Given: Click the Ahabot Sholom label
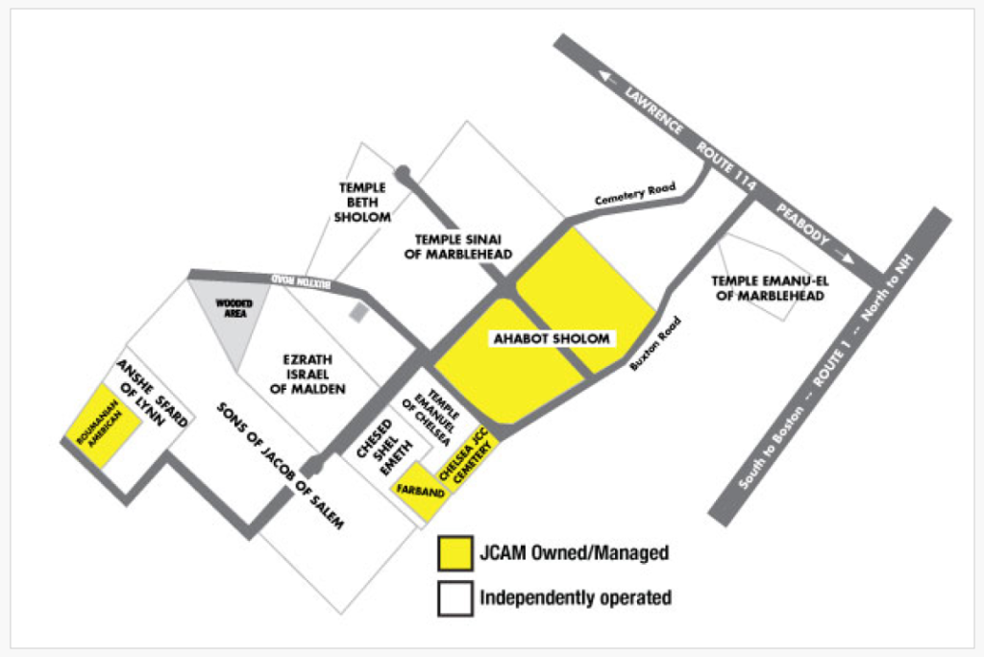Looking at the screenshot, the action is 552,339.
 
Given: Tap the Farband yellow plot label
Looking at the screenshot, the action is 421,491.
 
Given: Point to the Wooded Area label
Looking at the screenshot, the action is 234,308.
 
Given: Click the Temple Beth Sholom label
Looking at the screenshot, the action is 362,202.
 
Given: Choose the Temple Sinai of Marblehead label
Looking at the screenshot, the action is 458,247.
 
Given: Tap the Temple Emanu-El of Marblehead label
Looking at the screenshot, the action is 770,288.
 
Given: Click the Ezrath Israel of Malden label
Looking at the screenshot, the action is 307,374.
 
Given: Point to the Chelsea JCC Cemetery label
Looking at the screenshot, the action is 464,455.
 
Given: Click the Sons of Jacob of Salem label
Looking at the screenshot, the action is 280,466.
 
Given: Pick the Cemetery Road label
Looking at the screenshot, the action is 635,193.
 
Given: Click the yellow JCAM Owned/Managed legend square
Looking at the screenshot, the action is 455,553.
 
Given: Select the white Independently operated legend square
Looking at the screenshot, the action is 455,598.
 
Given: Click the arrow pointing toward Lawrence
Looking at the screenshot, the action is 607,78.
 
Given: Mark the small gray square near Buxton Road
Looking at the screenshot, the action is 357,312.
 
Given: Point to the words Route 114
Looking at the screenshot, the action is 726,166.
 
